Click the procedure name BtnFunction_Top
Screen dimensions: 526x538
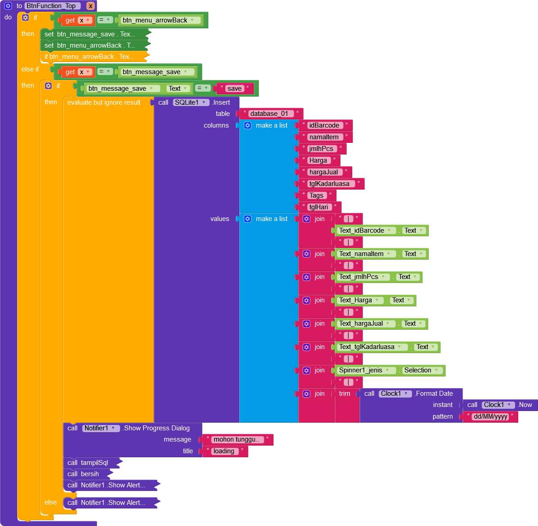(51, 6)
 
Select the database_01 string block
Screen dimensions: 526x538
(269, 114)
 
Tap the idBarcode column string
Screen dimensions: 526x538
(324, 125)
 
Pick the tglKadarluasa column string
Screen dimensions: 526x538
(329, 184)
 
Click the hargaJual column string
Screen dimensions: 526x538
(323, 172)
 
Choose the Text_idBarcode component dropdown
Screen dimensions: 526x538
(365, 230)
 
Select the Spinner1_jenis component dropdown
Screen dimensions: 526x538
(364, 370)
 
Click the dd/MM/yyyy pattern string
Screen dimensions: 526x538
(490, 416)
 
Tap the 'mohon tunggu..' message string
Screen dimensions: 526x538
(236, 439)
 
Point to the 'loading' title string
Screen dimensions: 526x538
(224, 451)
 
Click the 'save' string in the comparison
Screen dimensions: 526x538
(234, 88)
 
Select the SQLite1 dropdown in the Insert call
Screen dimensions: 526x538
(191, 102)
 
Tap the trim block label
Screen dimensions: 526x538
(345, 393)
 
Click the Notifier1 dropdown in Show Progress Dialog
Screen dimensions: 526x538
(100, 428)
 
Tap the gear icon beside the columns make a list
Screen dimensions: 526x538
(247, 125)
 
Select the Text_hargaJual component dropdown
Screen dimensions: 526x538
(365, 323)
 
